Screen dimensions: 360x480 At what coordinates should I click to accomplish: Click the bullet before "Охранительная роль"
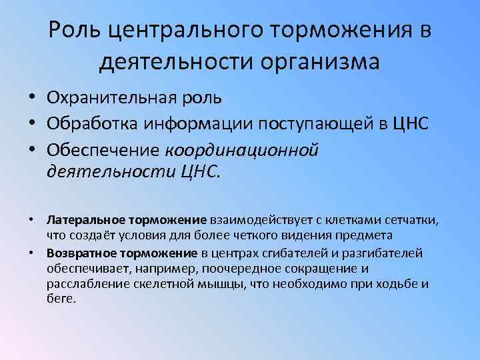(32, 98)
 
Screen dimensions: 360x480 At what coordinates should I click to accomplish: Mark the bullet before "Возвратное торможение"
(32, 253)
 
